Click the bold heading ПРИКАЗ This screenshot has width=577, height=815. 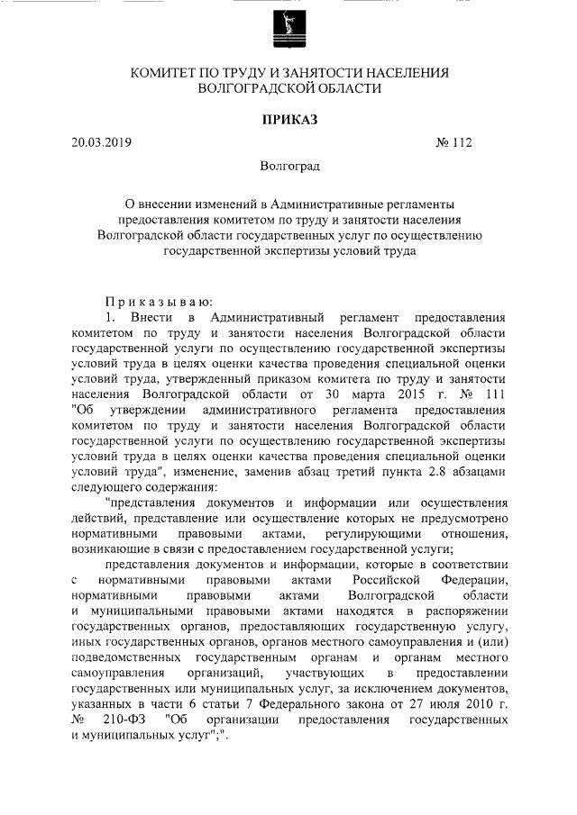[288, 118]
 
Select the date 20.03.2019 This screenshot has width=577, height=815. [102, 142]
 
